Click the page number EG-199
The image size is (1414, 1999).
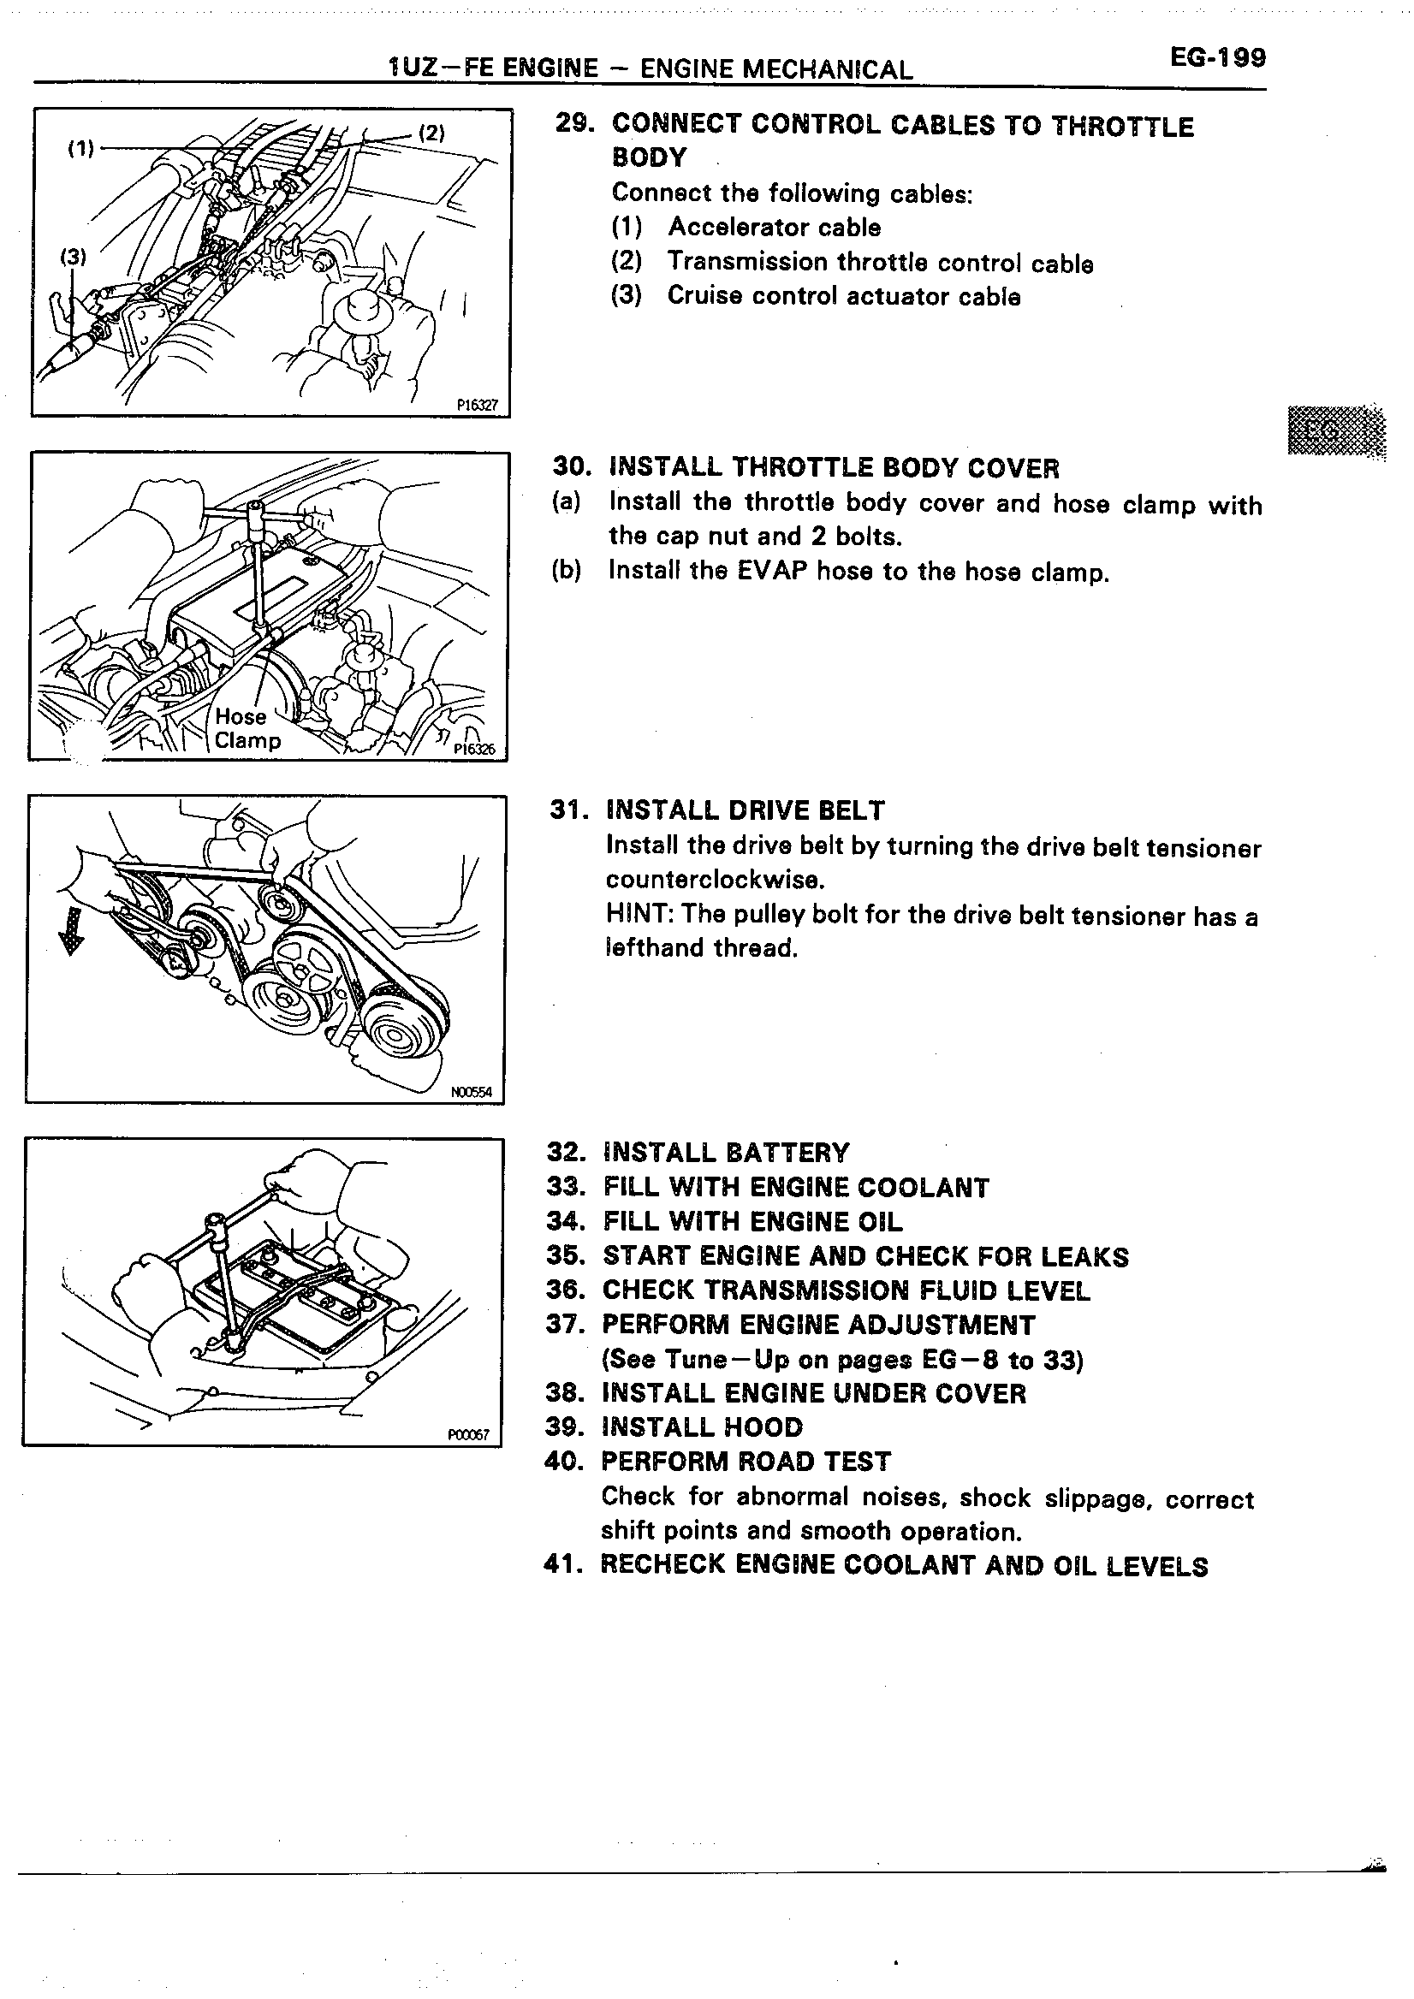tap(1217, 58)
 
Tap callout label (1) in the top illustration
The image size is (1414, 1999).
tap(80, 148)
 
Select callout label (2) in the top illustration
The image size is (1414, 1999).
tap(432, 133)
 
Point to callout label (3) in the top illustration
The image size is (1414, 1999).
tap(73, 256)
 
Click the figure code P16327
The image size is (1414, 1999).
tap(477, 405)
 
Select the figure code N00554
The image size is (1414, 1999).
tap(471, 1092)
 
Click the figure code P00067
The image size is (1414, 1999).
tap(468, 1435)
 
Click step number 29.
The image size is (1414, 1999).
tap(574, 123)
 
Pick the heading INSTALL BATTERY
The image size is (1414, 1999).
tap(725, 1153)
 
